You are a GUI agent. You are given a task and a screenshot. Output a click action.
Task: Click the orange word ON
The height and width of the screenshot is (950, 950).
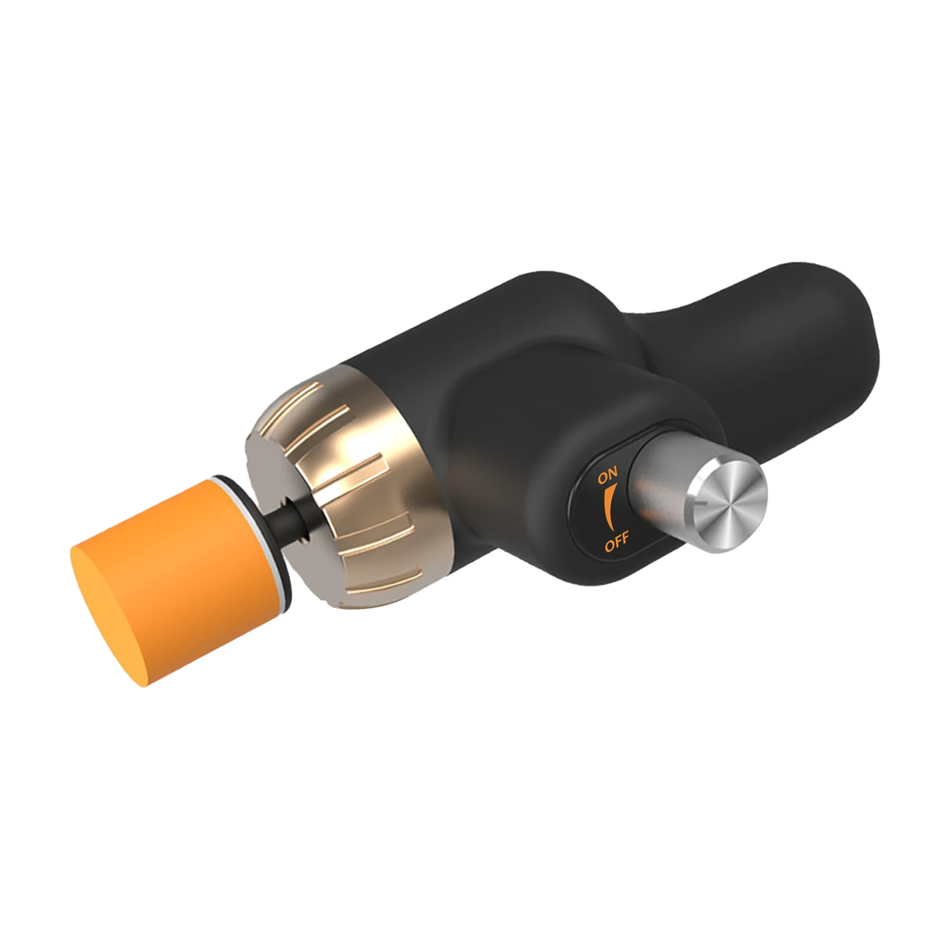pyautogui.click(x=608, y=474)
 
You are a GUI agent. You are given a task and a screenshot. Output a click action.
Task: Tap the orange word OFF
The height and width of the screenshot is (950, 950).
pyautogui.click(x=617, y=542)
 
